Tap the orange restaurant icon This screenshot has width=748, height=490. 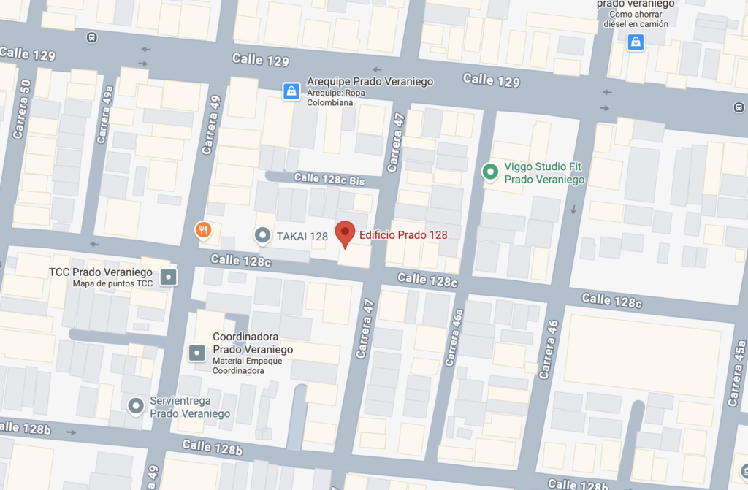pyautogui.click(x=204, y=231)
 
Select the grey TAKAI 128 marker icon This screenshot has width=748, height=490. pyautogui.click(x=262, y=235)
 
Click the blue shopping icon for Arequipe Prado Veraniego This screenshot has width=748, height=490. pyautogui.click(x=291, y=91)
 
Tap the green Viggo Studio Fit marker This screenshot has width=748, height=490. pyautogui.click(x=491, y=172)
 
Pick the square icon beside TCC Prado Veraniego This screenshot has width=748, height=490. pyautogui.click(x=169, y=277)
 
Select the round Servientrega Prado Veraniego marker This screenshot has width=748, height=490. pyautogui.click(x=135, y=405)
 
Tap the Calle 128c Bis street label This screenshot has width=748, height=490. pyautogui.click(x=328, y=179)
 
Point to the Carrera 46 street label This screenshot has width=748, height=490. pyautogui.click(x=547, y=349)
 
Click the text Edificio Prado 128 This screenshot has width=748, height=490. pyautogui.click(x=403, y=235)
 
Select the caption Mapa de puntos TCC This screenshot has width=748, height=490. pyautogui.click(x=113, y=283)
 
